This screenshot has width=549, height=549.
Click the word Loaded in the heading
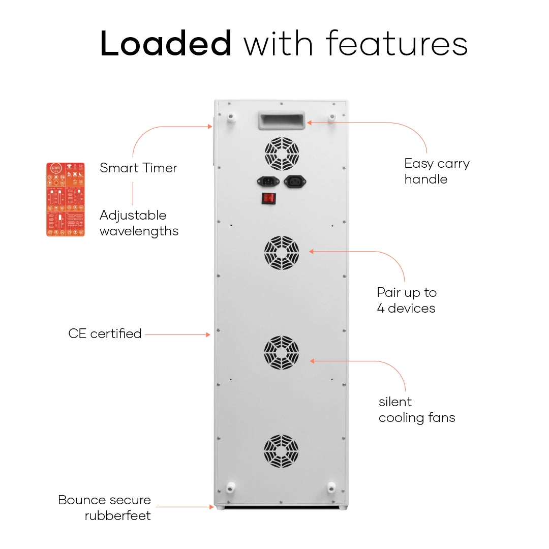coord(166,44)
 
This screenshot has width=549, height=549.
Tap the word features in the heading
coord(396,44)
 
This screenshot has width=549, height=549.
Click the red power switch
coord(269,198)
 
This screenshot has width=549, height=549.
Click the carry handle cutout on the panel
coord(281,120)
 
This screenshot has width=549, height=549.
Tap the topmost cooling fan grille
coord(282,154)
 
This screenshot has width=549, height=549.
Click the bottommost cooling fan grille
coord(282,451)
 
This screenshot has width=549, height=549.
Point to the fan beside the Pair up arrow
coord(282,253)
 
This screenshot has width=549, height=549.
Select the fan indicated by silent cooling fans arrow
coord(282,352)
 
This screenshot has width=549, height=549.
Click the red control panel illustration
coord(66,199)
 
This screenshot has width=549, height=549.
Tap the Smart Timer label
coord(138,168)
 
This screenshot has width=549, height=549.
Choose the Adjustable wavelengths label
coord(139,223)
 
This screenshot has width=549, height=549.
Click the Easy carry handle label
coord(437,171)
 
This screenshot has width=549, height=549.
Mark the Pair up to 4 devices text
coord(407,300)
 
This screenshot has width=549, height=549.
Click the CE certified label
coord(105,334)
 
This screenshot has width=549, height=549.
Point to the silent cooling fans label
coord(416,410)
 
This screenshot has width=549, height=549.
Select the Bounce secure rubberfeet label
coord(105,508)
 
